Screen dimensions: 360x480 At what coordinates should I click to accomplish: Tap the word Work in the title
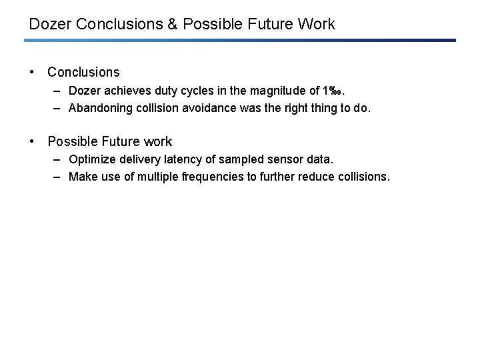316,25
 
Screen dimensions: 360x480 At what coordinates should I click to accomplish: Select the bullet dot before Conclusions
31,72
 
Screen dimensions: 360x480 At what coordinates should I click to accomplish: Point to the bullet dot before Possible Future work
31,142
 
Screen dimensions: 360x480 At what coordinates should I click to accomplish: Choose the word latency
186,161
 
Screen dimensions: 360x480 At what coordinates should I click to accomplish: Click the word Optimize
91,161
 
